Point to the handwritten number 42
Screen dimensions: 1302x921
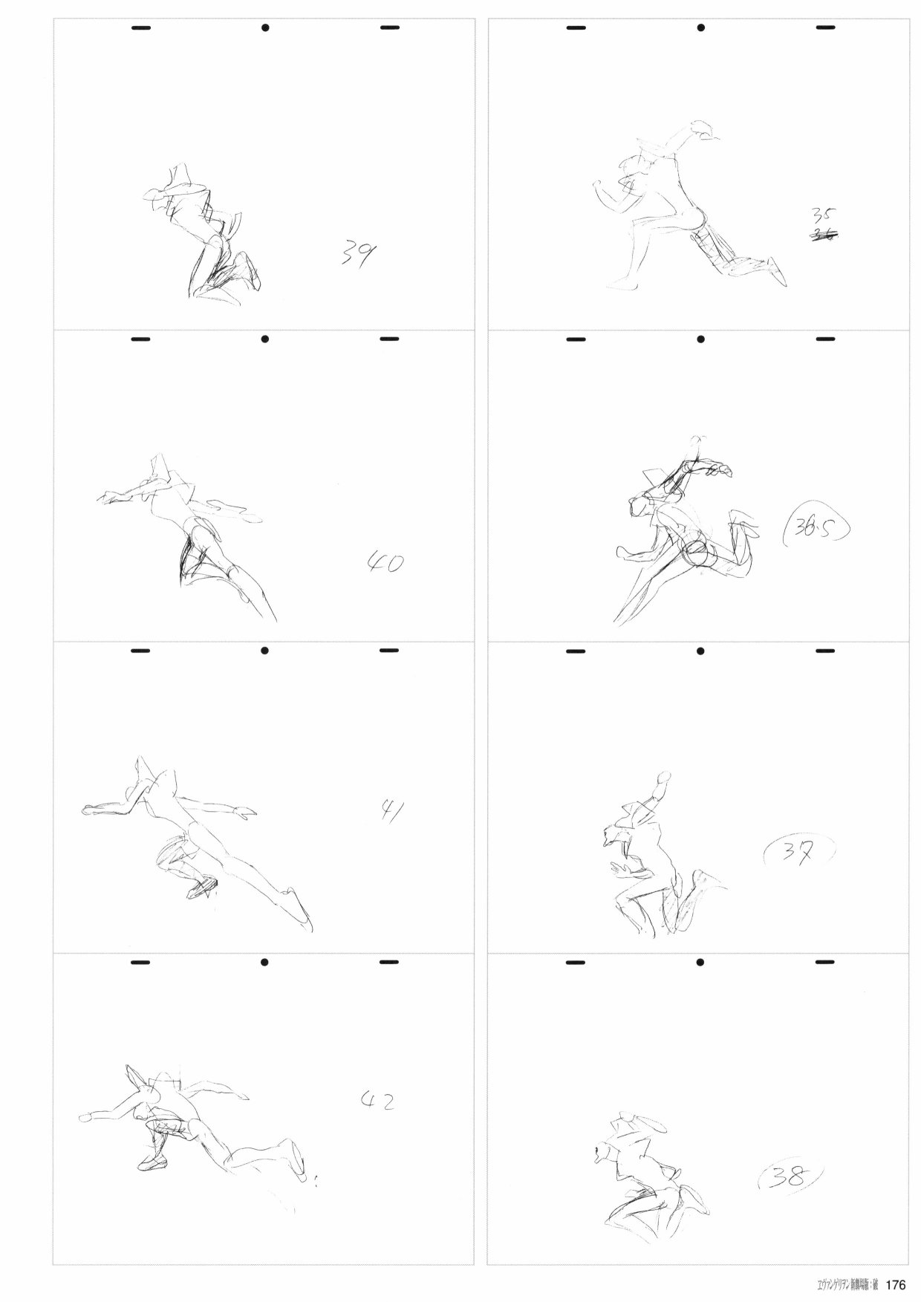pyautogui.click(x=377, y=1101)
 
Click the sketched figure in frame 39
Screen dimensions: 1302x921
pyautogui.click(x=208, y=238)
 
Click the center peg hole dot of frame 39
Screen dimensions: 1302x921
pyautogui.click(x=264, y=28)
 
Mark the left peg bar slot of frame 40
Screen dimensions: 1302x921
pyautogui.click(x=140, y=340)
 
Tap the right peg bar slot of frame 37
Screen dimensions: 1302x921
pyautogui.click(x=825, y=652)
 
